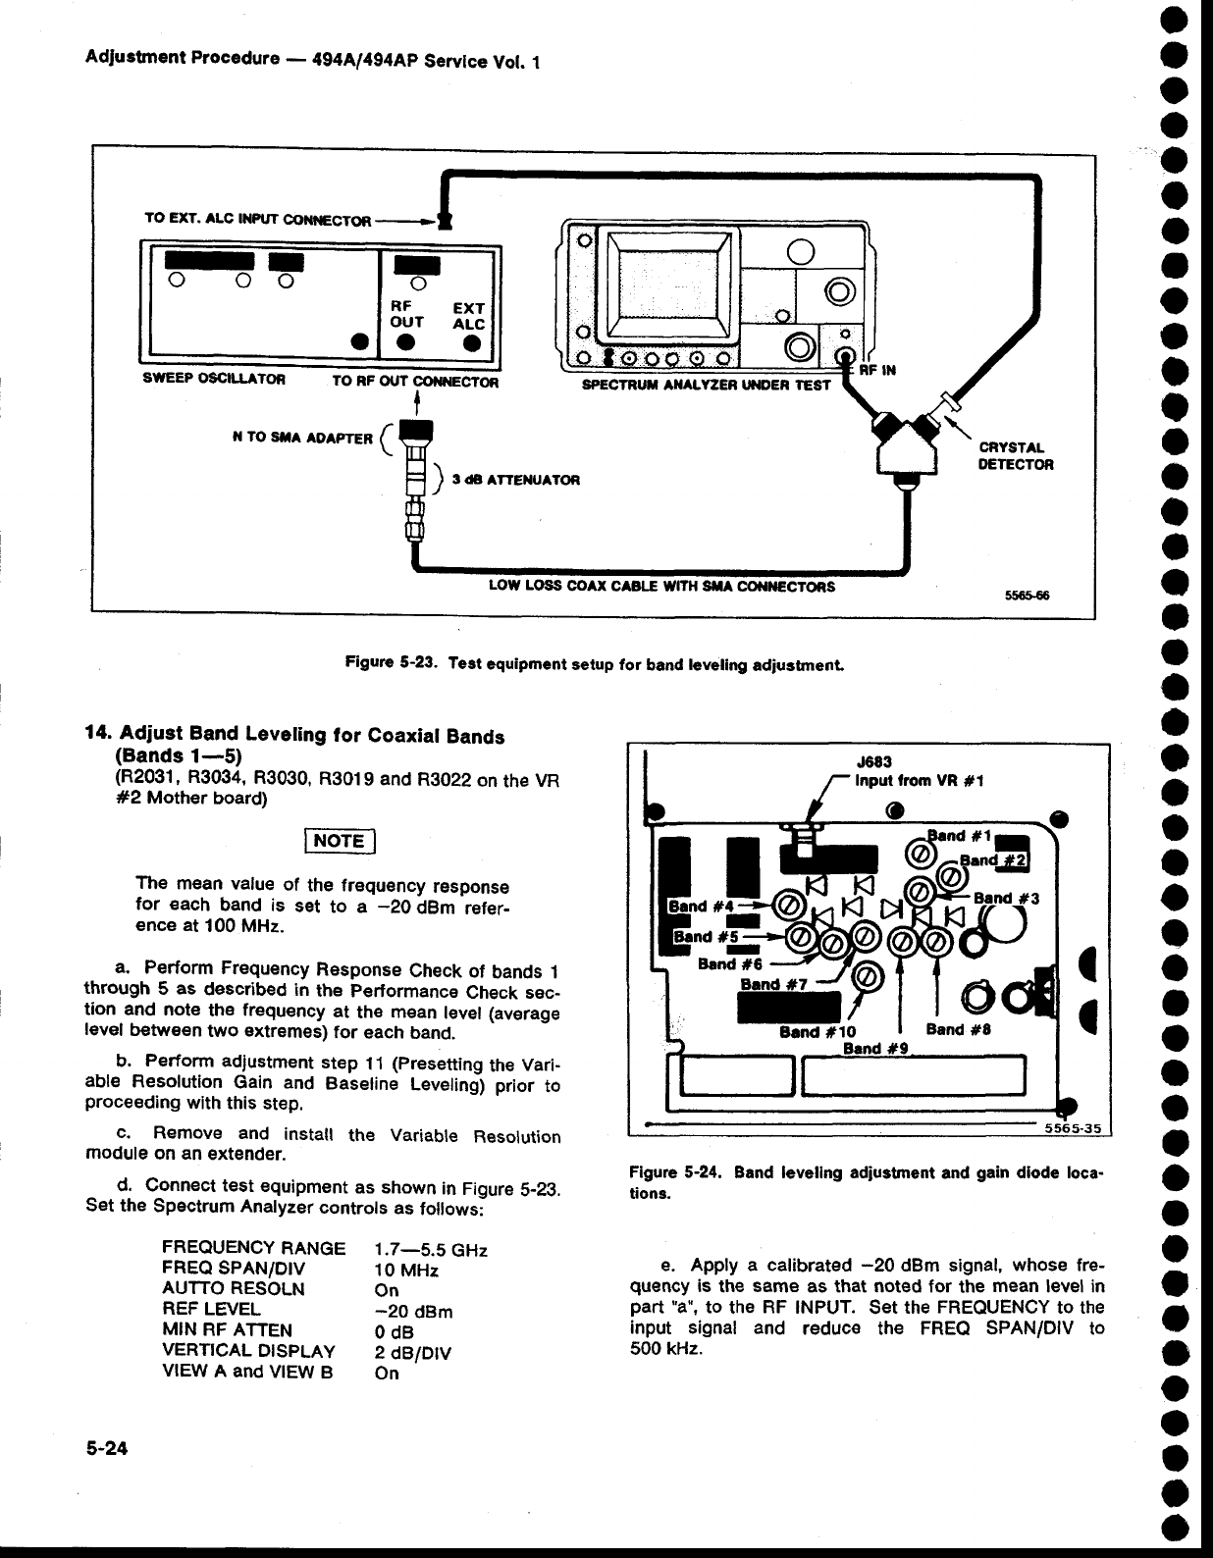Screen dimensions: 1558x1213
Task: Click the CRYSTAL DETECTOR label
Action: (x=1016, y=457)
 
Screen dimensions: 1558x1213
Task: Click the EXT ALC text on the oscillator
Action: (x=469, y=316)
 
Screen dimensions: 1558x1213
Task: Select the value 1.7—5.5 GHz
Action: (x=432, y=1250)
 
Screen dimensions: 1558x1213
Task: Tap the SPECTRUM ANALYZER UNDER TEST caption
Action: (x=707, y=385)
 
